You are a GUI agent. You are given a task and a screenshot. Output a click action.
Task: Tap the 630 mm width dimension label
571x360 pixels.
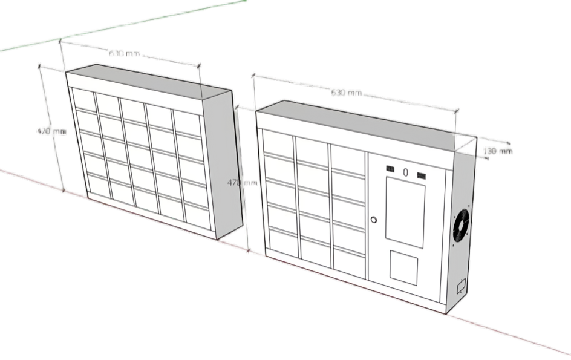346,93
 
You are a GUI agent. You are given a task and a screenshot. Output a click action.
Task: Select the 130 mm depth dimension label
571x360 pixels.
498,151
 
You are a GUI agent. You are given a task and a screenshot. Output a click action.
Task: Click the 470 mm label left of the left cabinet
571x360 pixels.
51,131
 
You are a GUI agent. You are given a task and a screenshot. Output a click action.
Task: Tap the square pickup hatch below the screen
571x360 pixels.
403,266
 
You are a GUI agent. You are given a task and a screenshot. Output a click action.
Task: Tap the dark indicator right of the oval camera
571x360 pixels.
422,177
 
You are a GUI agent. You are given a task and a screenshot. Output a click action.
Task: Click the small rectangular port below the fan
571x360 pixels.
460,285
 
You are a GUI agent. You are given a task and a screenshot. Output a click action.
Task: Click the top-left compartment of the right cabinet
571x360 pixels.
278,144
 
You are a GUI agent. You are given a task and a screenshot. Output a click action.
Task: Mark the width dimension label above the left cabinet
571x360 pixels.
125,54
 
